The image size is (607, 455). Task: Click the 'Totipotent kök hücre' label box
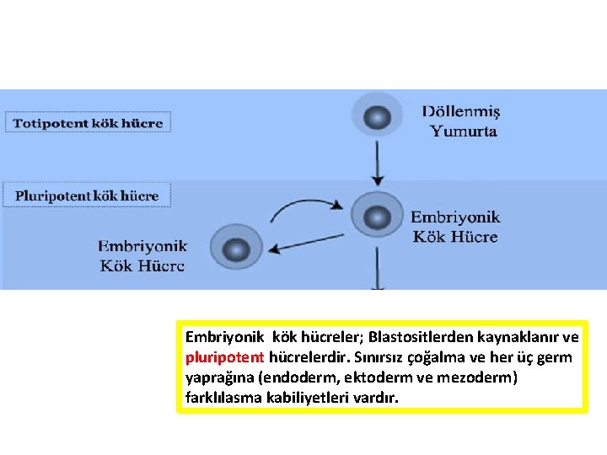pyautogui.click(x=88, y=122)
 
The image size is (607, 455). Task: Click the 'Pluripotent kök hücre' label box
pyautogui.click(x=88, y=195)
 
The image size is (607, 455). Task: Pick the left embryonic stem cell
pyautogui.click(x=237, y=249)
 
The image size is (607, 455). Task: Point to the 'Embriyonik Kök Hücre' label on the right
pyautogui.click(x=456, y=227)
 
